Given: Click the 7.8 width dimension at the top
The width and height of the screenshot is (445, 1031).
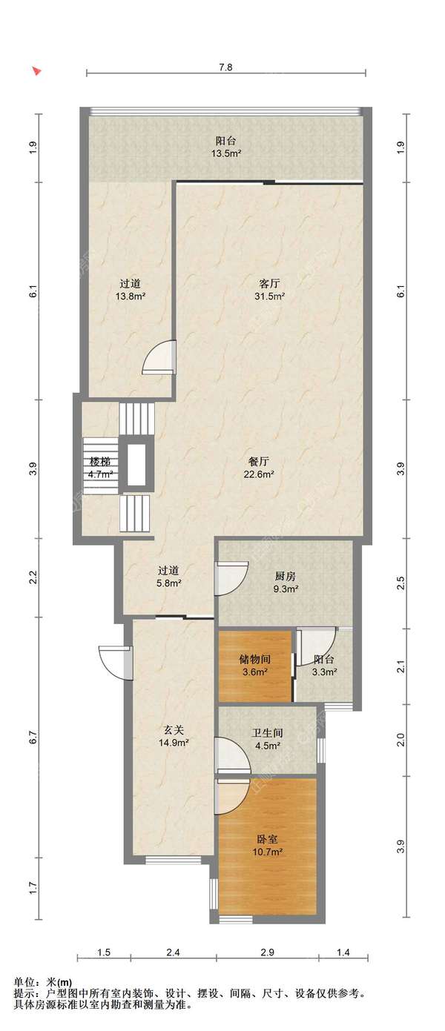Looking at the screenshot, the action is [x=225, y=67].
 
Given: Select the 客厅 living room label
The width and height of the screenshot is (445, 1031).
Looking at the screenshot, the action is [x=269, y=284].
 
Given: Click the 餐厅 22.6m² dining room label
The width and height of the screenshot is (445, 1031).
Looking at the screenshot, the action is [x=259, y=468].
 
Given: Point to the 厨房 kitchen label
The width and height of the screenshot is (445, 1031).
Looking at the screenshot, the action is [x=285, y=576].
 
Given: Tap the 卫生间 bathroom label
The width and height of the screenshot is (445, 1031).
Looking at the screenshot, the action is [x=267, y=733].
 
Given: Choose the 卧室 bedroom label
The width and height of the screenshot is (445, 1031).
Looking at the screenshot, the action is [x=267, y=840].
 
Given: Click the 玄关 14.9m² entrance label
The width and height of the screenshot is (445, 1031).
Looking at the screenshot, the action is [x=174, y=736].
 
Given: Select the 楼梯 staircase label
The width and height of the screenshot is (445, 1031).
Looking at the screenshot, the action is [x=99, y=462].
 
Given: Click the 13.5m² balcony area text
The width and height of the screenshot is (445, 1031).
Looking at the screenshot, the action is [x=227, y=153].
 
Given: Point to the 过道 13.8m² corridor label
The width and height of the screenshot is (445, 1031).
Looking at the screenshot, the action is [x=131, y=290].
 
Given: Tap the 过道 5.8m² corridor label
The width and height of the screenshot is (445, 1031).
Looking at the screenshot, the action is [x=168, y=577].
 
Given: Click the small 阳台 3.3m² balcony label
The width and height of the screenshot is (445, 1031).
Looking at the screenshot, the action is [x=324, y=666].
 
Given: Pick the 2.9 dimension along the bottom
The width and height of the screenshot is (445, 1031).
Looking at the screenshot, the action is [x=267, y=952].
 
